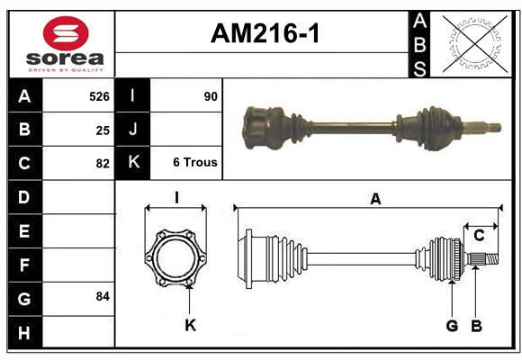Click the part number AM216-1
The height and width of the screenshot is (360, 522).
(x=265, y=33)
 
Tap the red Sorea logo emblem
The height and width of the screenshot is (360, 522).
(x=66, y=33)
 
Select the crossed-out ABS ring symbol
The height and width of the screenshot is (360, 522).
(x=474, y=43)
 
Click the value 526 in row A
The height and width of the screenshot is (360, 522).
(x=99, y=96)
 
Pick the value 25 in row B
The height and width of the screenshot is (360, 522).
(x=103, y=130)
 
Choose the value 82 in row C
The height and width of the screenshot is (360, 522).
(x=103, y=164)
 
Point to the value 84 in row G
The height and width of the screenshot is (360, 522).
(x=103, y=296)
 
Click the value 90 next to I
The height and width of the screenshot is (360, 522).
(x=211, y=96)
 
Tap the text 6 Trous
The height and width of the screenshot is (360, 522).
(x=195, y=162)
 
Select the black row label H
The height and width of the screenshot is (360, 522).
(x=24, y=332)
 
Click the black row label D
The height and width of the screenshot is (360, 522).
(x=24, y=197)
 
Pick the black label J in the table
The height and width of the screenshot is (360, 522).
(x=132, y=129)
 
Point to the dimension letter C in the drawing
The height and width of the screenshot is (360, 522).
(x=479, y=236)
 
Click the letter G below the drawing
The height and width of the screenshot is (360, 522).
(x=452, y=326)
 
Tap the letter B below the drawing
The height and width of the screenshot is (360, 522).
(x=476, y=326)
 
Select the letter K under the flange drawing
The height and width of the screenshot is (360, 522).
(x=191, y=325)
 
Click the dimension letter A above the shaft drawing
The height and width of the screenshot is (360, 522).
(x=375, y=199)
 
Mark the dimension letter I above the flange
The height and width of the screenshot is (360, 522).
(x=176, y=197)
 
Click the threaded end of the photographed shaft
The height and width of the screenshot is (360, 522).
(x=494, y=127)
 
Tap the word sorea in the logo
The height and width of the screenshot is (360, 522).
(x=65, y=58)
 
